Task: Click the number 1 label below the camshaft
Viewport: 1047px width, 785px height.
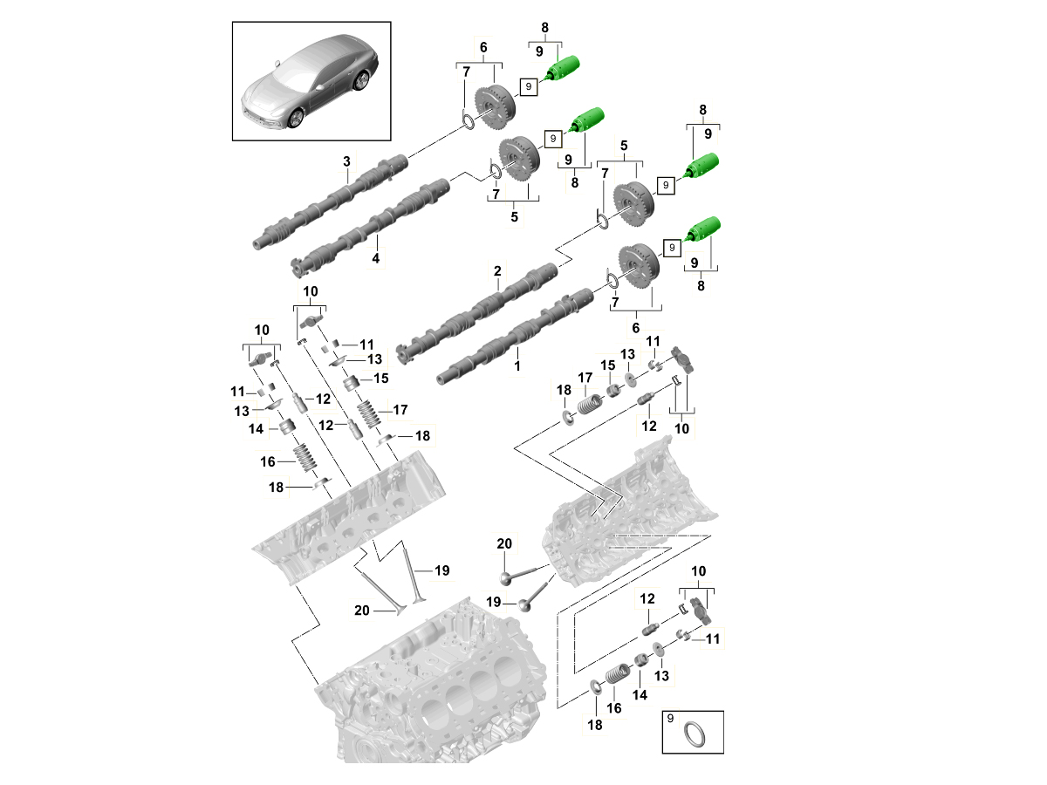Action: tap(517, 367)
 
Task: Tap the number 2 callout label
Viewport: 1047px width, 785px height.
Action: tap(497, 271)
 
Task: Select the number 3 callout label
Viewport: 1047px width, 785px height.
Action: tap(346, 161)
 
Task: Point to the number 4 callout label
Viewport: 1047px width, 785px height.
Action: tap(376, 258)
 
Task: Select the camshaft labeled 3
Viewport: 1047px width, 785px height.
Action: tap(332, 201)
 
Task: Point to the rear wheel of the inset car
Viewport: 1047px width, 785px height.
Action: tap(360, 81)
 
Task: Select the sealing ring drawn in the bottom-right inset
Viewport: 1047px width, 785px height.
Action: tap(695, 733)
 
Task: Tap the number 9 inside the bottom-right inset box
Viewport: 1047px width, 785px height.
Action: tap(671, 719)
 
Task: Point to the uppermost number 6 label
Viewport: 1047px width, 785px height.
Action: tap(483, 46)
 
